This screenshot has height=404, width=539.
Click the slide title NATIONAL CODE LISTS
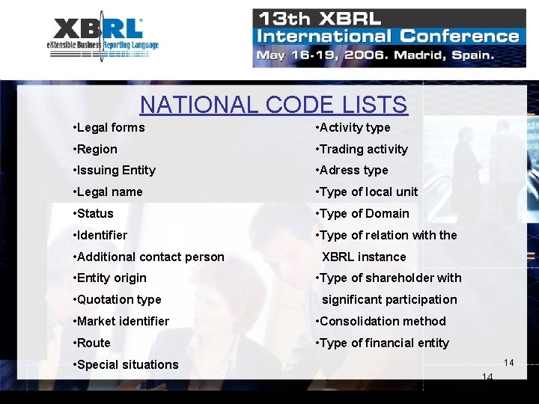coord(273,105)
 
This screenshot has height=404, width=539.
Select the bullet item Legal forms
coord(109,127)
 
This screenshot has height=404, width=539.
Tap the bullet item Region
coord(96,149)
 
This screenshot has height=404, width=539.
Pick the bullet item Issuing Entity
coord(115,170)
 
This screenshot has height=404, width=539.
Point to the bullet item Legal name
coord(109,192)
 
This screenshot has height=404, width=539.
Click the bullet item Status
coord(94,213)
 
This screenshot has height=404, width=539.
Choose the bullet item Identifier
coord(101,235)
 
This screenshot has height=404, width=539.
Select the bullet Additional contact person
coord(149,257)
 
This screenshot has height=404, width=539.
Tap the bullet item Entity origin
coord(111,278)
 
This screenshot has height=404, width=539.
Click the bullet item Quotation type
coord(118,299)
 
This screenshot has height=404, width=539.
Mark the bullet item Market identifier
coord(121,321)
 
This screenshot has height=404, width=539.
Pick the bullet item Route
coord(93,343)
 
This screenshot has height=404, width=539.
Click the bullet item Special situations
coord(127,364)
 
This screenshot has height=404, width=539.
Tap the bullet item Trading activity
coord(362,149)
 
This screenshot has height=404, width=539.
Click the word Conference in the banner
coord(460,36)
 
